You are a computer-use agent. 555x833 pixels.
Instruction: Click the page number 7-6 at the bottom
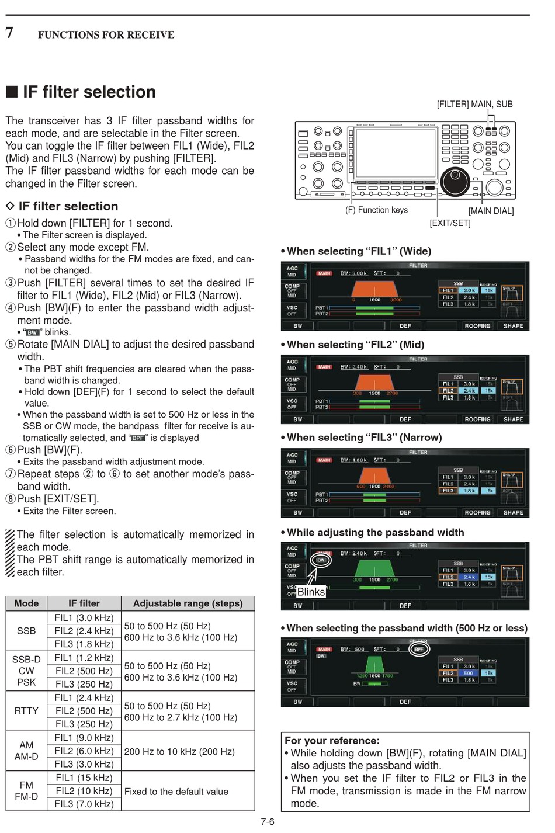267,822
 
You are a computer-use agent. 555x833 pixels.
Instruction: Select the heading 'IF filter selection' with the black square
81,92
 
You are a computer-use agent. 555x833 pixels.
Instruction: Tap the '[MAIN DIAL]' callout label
491,211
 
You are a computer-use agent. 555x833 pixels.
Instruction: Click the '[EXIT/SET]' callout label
450,223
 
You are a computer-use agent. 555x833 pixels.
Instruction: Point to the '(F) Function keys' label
376,210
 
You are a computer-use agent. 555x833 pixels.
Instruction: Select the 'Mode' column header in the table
26,603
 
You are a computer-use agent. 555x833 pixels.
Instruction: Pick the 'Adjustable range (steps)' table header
188,603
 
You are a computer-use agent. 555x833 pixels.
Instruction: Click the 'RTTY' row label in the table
26,711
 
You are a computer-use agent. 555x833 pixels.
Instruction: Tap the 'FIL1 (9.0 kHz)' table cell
84,738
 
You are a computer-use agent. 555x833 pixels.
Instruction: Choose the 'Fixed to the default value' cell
176,792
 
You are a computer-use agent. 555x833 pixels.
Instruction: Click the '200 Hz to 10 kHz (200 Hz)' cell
179,751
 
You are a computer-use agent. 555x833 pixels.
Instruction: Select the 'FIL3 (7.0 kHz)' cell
84,804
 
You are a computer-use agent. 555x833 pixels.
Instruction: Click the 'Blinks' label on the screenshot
311,592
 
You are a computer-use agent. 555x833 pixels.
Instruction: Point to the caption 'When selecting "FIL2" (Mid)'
355,345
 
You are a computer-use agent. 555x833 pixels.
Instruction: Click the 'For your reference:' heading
332,741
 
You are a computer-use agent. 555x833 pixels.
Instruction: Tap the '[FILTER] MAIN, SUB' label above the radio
474,105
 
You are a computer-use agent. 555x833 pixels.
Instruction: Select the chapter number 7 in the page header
9,33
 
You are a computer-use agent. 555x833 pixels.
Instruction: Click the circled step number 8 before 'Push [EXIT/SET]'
11,499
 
